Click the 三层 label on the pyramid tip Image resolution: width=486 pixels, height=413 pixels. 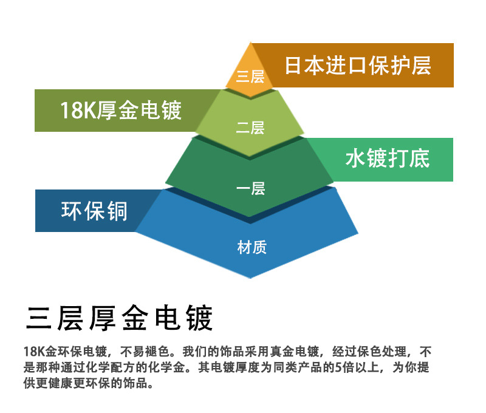(250, 77)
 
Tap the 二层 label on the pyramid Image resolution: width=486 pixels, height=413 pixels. (250, 128)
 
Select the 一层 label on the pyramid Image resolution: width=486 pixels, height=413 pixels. (250, 189)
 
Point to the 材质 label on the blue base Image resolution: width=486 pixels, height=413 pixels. (252, 247)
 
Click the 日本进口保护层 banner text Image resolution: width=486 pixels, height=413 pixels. (358, 66)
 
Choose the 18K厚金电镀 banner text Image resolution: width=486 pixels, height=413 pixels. (121, 111)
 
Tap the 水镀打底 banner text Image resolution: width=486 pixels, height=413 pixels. (388, 159)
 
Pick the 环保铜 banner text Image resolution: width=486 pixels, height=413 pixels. (94, 210)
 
